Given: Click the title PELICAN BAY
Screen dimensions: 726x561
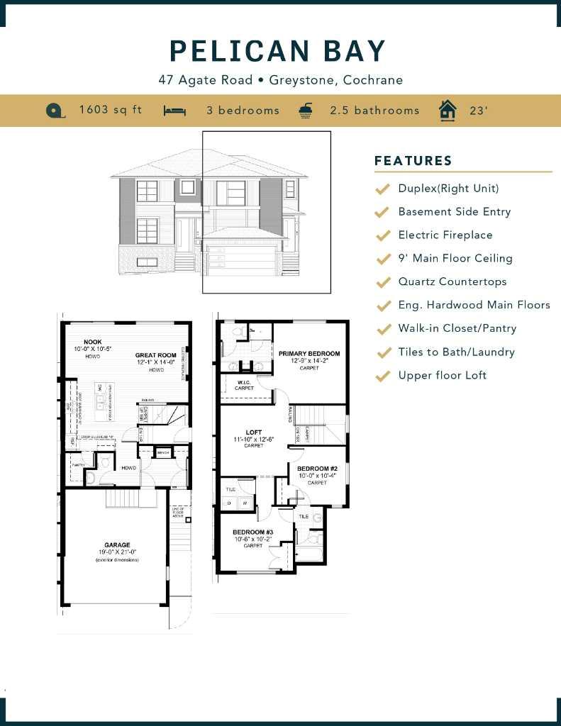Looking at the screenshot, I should click(x=278, y=51).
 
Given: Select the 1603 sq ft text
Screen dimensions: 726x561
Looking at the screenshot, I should click(x=111, y=110).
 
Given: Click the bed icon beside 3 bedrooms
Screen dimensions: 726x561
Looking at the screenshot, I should click(x=174, y=111).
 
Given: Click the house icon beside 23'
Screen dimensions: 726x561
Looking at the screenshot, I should click(x=448, y=111).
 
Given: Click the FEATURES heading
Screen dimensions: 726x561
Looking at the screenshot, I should click(x=413, y=161).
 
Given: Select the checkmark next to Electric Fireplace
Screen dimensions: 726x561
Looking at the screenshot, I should click(x=383, y=235).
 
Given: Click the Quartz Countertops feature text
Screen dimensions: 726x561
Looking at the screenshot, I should click(x=452, y=281).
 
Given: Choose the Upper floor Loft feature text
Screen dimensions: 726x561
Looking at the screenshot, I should click(x=443, y=375).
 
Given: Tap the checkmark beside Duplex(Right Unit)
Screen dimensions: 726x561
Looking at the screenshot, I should click(x=383, y=189).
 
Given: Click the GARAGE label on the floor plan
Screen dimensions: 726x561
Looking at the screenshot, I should click(x=117, y=545).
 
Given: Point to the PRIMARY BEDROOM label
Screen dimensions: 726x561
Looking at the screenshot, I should click(x=309, y=353).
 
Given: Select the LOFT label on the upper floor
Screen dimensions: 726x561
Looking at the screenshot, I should click(x=253, y=432).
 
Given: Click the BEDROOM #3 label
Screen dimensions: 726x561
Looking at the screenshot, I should click(x=253, y=532).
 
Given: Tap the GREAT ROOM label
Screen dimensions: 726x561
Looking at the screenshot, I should click(x=156, y=355).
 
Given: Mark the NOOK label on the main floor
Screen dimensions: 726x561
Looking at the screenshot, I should click(x=92, y=342).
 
